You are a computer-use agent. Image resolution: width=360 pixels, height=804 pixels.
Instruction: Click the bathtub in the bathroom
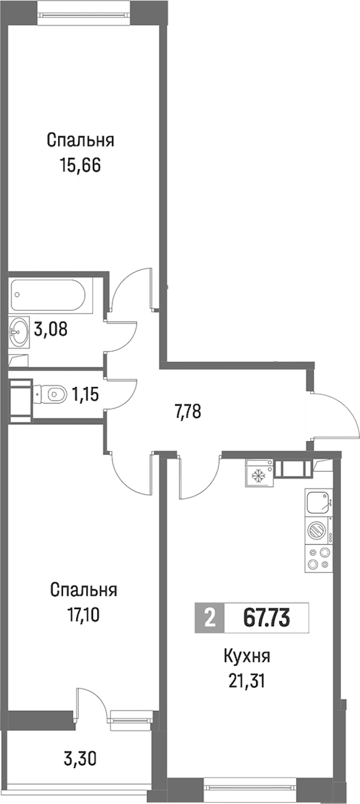48,295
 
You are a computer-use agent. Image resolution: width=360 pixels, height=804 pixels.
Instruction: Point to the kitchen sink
319,502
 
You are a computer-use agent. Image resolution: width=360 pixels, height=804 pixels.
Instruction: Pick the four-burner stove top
319,559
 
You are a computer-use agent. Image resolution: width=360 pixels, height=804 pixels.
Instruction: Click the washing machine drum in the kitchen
316,530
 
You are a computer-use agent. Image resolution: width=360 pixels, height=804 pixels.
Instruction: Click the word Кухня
247,657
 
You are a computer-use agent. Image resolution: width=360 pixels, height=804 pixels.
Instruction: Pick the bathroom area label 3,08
50,329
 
